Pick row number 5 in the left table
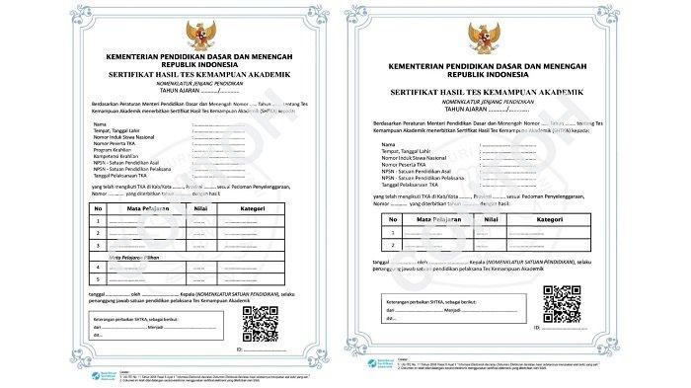pos(98,279)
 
